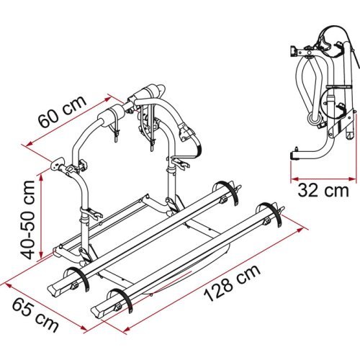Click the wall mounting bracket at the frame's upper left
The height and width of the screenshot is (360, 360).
click(60, 167)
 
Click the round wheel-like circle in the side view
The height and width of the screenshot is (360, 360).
click(315, 117)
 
